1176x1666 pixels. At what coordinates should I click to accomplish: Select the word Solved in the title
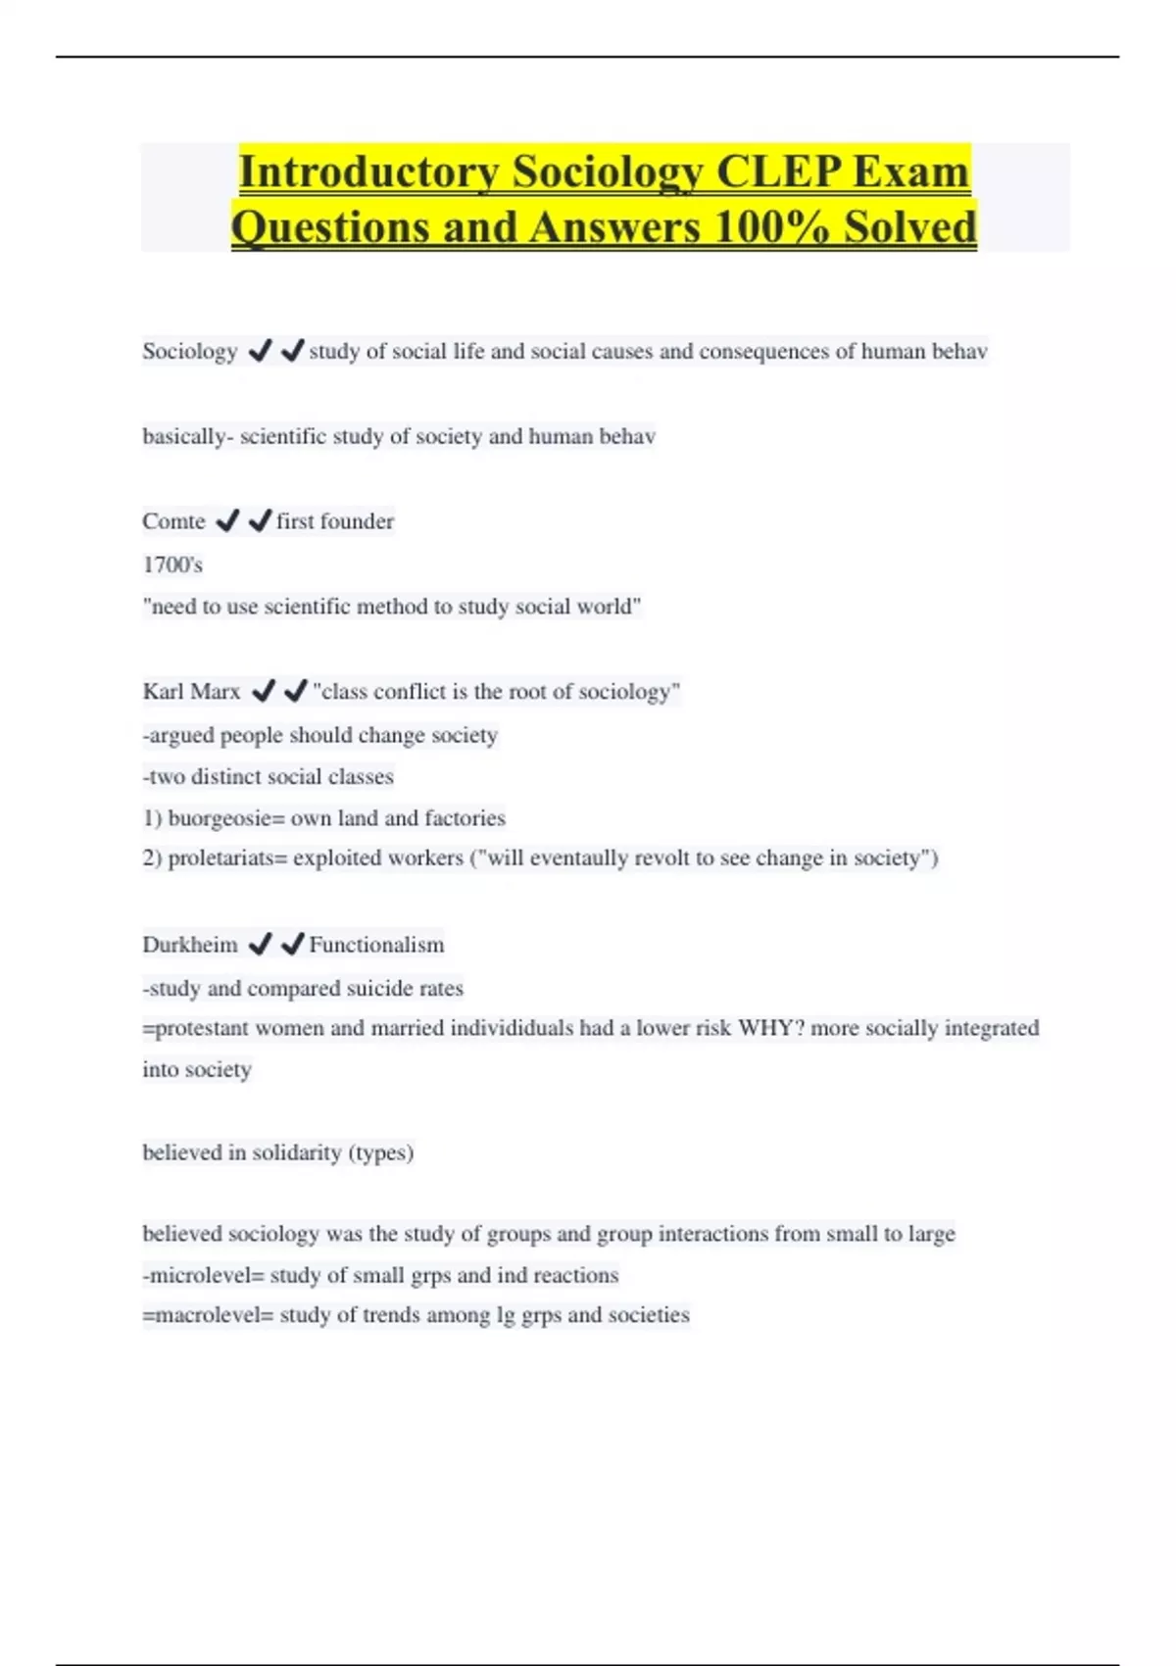point(910,227)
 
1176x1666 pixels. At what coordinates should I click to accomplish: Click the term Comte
point(173,521)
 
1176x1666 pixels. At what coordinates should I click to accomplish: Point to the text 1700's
point(172,564)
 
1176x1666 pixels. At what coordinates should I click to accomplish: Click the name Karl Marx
point(191,692)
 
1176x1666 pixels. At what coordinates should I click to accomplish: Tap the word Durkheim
point(189,945)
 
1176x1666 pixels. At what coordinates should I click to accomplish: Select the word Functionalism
point(376,945)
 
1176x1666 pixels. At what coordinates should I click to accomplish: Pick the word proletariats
point(223,858)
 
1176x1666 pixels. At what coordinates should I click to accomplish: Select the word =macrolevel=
point(208,1315)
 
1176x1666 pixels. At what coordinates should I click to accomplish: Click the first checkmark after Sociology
point(260,350)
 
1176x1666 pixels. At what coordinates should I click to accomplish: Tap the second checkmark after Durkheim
point(292,944)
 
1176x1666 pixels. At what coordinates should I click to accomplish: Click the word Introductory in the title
point(369,172)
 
